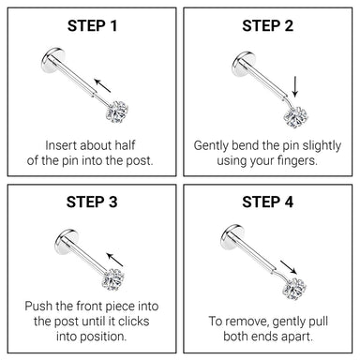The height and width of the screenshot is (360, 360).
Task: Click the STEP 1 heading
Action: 92,26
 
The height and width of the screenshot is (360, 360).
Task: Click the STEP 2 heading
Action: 268,26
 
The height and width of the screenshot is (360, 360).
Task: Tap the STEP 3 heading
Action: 92,202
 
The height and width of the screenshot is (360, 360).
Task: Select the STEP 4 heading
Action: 268,202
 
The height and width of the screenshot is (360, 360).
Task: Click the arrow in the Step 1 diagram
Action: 103,85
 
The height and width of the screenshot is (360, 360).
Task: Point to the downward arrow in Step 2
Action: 295,86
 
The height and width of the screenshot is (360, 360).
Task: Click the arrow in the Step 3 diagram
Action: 114,260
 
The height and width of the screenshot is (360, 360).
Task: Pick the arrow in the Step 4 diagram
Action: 288,267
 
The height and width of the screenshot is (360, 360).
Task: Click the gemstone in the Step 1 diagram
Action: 117,112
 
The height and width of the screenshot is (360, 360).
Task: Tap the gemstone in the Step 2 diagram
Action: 295,117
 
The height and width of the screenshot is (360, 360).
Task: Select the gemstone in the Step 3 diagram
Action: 113,279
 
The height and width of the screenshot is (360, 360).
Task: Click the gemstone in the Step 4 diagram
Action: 294,289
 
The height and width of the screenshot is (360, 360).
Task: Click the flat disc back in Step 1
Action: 52,60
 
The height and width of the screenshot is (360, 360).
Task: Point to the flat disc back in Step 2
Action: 244,65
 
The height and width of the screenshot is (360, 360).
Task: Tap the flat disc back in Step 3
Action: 67,242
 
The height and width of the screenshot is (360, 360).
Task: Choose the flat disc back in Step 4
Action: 232,237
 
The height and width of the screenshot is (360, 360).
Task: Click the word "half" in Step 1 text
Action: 125,145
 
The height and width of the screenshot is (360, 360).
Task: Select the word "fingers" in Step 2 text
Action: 296,161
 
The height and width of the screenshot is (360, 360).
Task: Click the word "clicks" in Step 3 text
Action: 133,322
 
